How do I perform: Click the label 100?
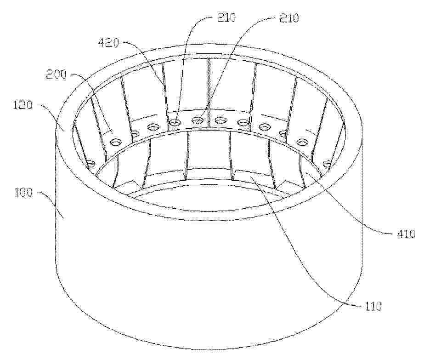(x=23, y=193)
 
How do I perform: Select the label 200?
(x=56, y=74)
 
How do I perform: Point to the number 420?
(x=109, y=42)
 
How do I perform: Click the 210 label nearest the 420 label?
(x=226, y=17)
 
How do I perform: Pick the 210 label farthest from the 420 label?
(x=288, y=17)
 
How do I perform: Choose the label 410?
(x=406, y=234)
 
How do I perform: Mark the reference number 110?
(x=372, y=306)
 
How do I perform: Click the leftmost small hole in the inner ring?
(x=91, y=164)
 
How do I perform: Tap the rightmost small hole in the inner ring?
(x=328, y=164)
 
